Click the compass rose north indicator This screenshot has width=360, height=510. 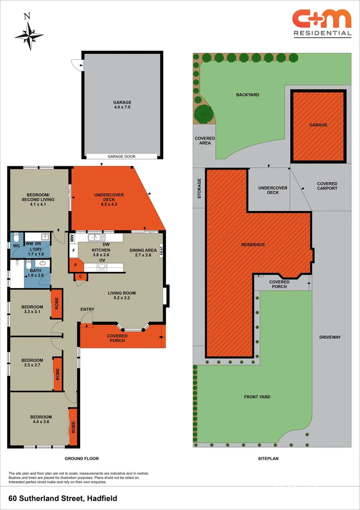pos(29,34)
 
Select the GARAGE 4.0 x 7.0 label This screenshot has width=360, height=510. pos(122,105)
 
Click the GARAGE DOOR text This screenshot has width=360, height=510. pos(122,156)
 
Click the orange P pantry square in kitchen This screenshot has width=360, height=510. pos(75,265)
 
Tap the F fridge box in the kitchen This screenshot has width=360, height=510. pos(74,250)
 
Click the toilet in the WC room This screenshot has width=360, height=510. pos(16,237)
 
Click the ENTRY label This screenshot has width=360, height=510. pos(87,309)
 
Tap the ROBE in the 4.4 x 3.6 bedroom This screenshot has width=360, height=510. pos(73,427)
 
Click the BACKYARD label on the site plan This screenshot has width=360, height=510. pos(247,95)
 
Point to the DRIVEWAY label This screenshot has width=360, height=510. pos(330,337)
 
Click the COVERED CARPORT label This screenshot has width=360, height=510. pos(327,186)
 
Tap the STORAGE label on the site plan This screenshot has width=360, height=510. pos(199,188)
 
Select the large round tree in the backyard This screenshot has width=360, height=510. pos(203,114)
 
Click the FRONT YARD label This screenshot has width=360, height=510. pos(257,397)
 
